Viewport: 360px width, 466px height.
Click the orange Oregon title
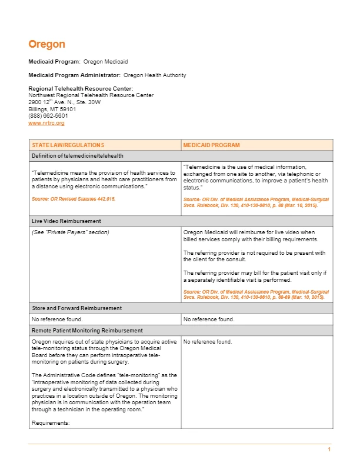tap(46, 44)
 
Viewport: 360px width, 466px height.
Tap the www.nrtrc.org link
tap(46, 123)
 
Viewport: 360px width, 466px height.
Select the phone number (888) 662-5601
tap(48, 116)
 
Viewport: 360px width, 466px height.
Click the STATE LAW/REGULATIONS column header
tap(68, 145)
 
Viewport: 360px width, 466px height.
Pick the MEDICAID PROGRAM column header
tap(211, 145)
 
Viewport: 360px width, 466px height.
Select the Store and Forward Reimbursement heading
tap(76, 308)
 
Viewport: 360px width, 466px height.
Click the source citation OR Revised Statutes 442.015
tap(74, 199)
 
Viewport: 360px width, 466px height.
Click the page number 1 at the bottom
tap(329, 450)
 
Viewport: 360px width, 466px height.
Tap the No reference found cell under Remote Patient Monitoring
tap(208, 342)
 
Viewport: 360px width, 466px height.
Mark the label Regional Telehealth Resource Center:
tap(81, 88)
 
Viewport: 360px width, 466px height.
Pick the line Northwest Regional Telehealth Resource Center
tap(91, 95)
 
